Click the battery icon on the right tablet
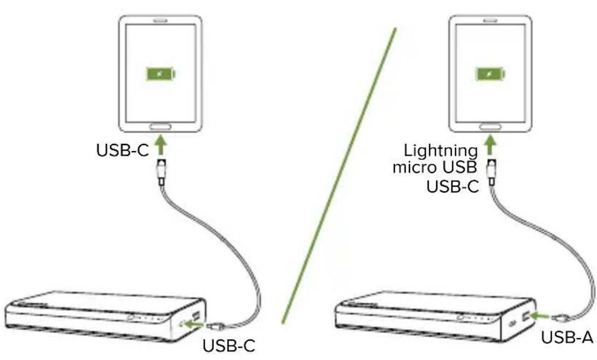coord(490,74)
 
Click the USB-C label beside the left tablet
coord(122,150)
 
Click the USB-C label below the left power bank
coord(228,344)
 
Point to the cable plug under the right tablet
coord(491,170)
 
